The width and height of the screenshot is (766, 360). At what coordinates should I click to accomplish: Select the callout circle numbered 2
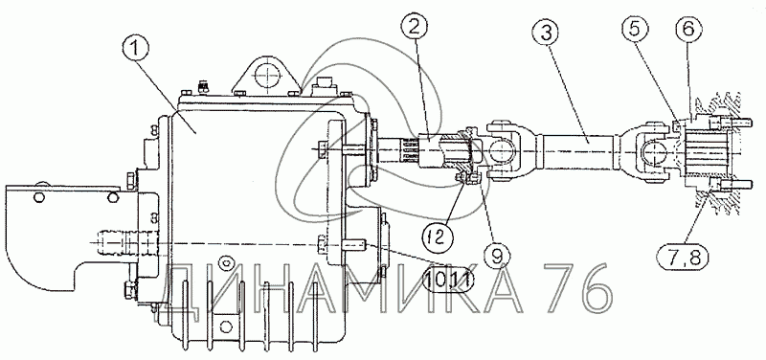tap(414, 28)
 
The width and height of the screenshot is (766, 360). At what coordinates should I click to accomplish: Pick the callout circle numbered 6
tap(688, 30)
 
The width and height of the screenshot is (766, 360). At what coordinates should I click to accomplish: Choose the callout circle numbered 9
tap(497, 256)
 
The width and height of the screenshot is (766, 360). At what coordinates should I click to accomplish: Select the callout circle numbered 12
tap(437, 236)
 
